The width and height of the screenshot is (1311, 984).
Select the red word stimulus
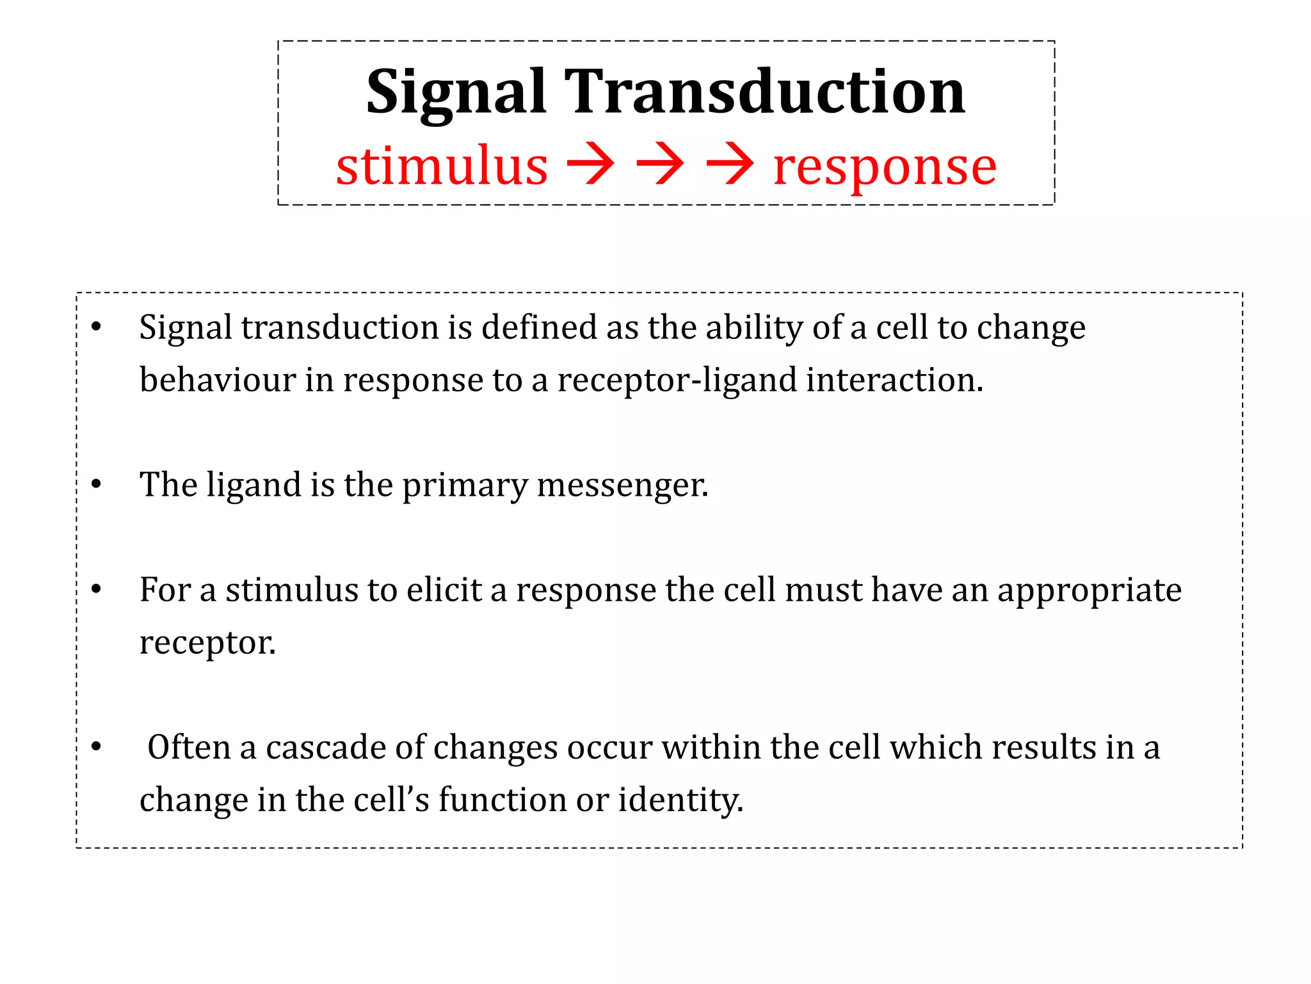442,166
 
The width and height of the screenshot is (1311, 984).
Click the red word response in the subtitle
885,167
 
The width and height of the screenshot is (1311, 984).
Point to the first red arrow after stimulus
590,165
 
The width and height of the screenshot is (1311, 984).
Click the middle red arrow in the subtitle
660,165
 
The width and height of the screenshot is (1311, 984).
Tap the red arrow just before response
730,165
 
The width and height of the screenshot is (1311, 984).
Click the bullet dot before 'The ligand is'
96,484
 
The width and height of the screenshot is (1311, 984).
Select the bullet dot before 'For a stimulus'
96,589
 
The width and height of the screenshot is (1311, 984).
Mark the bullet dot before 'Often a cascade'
96,747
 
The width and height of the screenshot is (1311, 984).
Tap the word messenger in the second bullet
622,485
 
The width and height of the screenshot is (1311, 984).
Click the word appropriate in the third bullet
1089,591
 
